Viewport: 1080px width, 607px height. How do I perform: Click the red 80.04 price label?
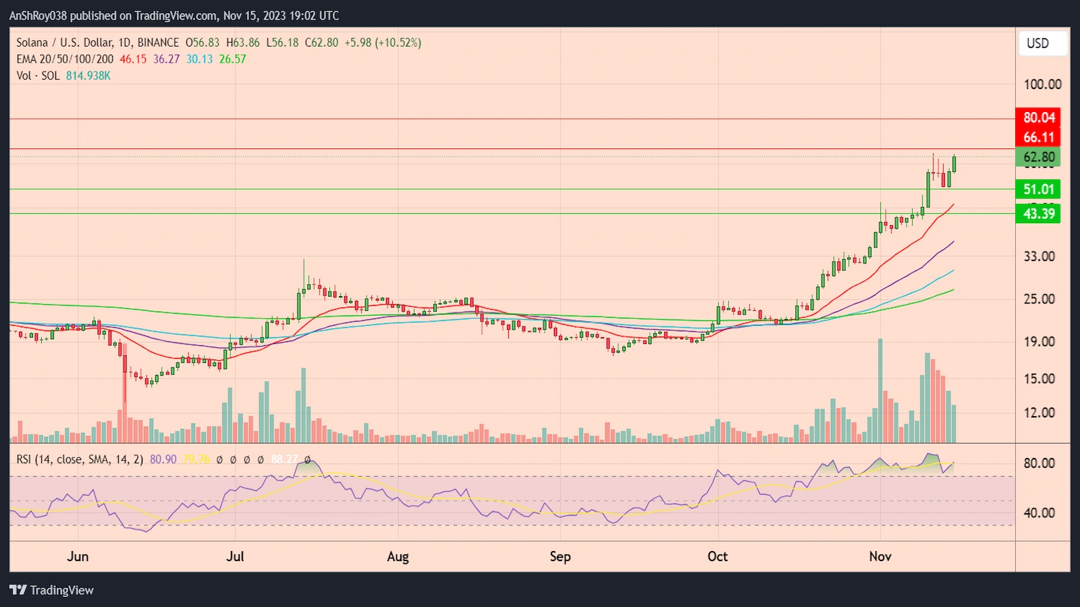click(1038, 117)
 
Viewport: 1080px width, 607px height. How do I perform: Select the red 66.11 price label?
click(1038, 138)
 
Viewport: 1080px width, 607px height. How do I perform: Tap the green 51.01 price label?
click(1038, 190)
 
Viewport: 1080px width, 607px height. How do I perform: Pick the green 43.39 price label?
click(1038, 214)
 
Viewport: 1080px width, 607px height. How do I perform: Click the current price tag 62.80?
click(1038, 157)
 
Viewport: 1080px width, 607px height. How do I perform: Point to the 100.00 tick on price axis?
click(1042, 84)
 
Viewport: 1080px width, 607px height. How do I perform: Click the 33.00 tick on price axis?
click(1039, 256)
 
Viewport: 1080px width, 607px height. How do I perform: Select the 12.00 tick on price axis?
click(1039, 413)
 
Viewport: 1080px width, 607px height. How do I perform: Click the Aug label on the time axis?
click(398, 556)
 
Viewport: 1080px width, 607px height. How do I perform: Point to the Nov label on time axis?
click(880, 556)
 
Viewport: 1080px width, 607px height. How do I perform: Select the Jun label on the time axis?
click(78, 556)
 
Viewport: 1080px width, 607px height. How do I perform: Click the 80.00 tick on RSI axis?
click(1039, 463)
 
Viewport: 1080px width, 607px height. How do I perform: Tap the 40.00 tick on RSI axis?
click(1039, 513)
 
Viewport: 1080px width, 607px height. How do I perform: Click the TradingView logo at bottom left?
click(52, 590)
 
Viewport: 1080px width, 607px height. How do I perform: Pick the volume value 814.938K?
click(88, 76)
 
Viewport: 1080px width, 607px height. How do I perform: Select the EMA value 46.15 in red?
click(133, 59)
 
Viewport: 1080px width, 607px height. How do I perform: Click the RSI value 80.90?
click(163, 459)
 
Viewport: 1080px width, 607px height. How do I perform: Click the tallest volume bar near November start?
click(880, 391)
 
